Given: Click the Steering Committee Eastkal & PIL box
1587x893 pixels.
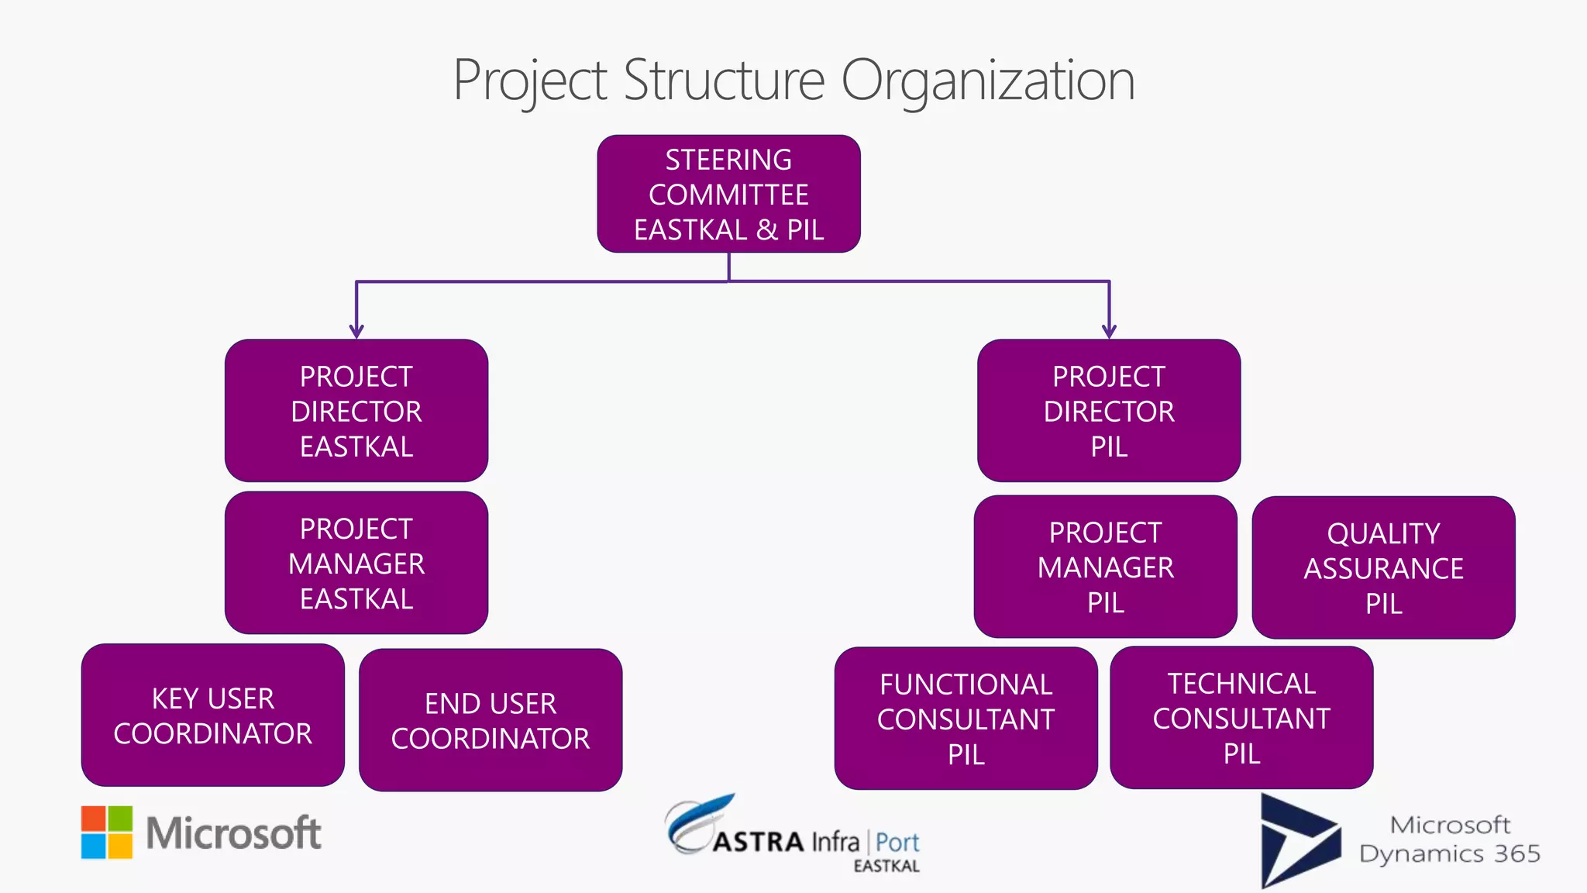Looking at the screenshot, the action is tap(728, 194).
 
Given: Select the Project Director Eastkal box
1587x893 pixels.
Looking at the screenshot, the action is tap(356, 411).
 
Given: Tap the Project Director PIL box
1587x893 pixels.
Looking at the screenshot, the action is tap(1109, 411).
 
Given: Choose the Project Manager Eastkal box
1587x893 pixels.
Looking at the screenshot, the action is tap(356, 563).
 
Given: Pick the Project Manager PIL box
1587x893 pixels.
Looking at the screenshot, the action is tap(1105, 567).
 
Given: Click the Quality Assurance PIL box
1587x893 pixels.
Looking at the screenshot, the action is tap(1383, 567).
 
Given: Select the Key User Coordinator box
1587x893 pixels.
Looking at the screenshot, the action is tap(213, 715).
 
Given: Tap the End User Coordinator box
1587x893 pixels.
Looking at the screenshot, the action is tap(491, 720).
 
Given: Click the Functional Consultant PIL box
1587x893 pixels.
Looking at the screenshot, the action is tap(966, 719).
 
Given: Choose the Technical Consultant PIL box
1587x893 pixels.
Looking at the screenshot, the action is tap(1241, 718).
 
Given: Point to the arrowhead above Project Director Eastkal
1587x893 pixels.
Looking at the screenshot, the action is tap(356, 332).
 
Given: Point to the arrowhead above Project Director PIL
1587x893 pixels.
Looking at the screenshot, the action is tap(1109, 332).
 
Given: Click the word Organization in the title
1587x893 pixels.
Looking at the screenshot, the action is tap(988, 81).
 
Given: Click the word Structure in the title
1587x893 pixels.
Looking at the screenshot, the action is tap(724, 81).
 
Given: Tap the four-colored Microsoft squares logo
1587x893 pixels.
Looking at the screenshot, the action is tap(107, 833).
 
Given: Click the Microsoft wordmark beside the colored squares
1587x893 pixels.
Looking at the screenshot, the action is tap(233, 833).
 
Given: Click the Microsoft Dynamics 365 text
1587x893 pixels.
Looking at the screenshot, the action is tap(1449, 840).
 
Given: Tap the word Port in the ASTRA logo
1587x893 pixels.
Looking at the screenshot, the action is tap(897, 843).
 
